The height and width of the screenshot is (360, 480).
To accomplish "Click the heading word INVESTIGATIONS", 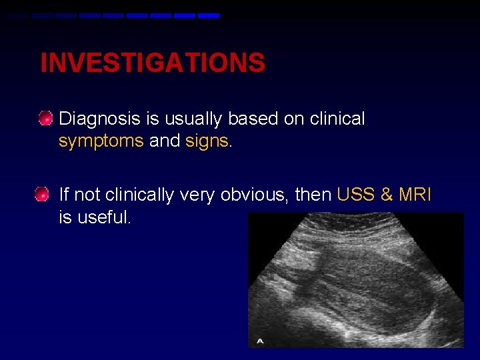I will coord(153,63).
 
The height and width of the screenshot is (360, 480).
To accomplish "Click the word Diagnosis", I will coord(100,119).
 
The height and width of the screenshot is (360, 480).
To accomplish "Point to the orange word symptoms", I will coord(101,141).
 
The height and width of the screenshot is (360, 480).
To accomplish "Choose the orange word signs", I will coord(207,141).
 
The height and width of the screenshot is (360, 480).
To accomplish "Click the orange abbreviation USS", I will coord(358,195).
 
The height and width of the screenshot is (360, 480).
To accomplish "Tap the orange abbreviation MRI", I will coord(415,195).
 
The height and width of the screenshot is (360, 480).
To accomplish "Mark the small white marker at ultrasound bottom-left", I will coord(261,341).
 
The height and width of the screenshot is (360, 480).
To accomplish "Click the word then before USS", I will coord(314,195).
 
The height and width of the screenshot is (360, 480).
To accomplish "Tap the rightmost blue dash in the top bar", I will coord(209,15).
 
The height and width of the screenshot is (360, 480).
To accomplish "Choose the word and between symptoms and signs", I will coord(165,141).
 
